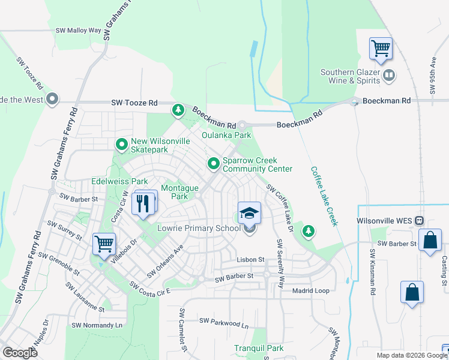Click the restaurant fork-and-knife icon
(143, 203)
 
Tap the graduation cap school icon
(250, 213)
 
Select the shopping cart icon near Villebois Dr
(104, 245)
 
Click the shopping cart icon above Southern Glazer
(381, 48)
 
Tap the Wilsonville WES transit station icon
(420, 221)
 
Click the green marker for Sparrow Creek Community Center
(213, 163)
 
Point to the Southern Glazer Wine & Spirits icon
(389, 76)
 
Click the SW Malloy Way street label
(79, 30)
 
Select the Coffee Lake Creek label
(324, 196)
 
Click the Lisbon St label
(250, 259)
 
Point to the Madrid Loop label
(311, 290)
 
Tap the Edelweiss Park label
(119, 181)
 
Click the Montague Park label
(179, 192)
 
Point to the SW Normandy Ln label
(97, 325)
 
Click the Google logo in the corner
(20, 353)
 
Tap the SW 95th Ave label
(432, 76)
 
